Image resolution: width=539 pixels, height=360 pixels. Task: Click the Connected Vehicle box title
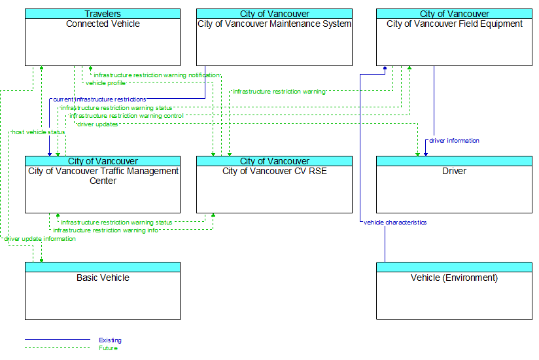tap(103, 24)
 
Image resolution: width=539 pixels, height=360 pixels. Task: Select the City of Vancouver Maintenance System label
tap(274, 24)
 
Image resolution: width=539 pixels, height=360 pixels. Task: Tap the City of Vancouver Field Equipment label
tap(454, 24)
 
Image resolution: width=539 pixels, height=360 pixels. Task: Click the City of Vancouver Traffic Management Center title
tap(103, 175)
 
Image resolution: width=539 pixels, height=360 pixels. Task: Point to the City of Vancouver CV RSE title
tap(274, 171)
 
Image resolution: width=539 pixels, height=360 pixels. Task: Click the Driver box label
tap(454, 171)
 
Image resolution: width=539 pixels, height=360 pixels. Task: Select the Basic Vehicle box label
tap(103, 278)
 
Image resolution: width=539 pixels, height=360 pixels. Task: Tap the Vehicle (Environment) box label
tap(454, 278)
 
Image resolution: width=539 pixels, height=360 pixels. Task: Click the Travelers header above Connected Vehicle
tap(103, 14)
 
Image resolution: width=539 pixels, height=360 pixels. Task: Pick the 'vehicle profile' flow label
tap(105, 83)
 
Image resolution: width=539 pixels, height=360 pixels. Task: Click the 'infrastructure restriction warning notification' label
tap(157, 75)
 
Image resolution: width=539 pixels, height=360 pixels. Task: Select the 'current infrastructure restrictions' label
tap(99, 99)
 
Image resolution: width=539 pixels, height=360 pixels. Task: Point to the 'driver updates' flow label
tap(97, 124)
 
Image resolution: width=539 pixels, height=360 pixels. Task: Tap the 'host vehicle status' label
tap(39, 132)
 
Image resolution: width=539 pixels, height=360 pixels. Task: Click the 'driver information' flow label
tap(454, 140)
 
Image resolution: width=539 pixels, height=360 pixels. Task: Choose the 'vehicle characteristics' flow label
tap(395, 223)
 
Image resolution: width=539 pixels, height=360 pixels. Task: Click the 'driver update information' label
tap(40, 239)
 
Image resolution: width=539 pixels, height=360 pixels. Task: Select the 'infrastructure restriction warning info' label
tap(106, 230)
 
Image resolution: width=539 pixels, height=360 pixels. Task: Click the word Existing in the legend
tap(110, 340)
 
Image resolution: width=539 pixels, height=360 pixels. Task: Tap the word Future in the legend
tap(109, 348)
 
